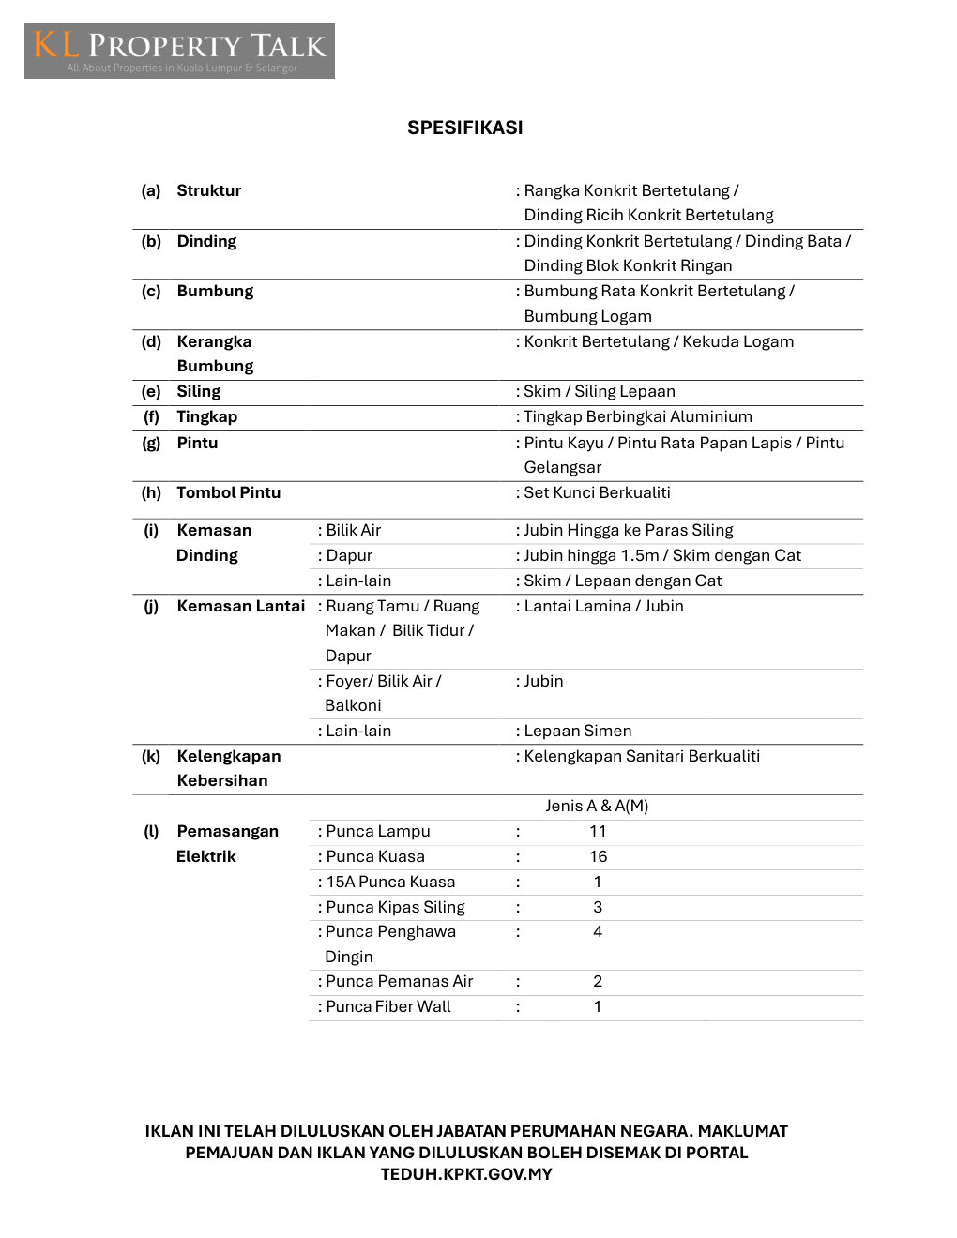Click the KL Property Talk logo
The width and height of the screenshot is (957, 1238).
click(179, 51)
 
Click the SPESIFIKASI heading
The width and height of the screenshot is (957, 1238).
click(464, 128)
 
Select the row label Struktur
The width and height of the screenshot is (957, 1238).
click(208, 190)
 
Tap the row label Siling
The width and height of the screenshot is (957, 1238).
click(198, 391)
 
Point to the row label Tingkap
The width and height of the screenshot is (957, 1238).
click(206, 416)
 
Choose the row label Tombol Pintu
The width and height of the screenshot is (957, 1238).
click(228, 492)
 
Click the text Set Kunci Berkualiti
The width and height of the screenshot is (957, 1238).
click(597, 492)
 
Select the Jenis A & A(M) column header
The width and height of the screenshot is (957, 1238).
click(597, 806)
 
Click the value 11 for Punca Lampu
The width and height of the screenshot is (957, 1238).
click(598, 831)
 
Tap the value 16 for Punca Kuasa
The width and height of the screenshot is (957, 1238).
click(598, 856)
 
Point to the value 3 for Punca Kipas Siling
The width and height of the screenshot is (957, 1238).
click(598, 907)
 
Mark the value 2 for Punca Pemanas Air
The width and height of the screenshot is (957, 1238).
click(598, 981)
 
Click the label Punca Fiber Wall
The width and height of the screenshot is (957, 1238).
click(387, 1006)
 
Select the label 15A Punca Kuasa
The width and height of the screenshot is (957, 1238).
click(389, 882)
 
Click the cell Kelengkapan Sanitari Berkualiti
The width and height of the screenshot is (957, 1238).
click(642, 756)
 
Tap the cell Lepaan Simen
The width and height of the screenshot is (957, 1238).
click(577, 731)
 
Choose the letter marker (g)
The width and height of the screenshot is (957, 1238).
click(151, 443)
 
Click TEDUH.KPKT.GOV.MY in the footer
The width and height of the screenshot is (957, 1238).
click(466, 1174)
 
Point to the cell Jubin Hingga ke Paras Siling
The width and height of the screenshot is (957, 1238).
click(628, 530)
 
